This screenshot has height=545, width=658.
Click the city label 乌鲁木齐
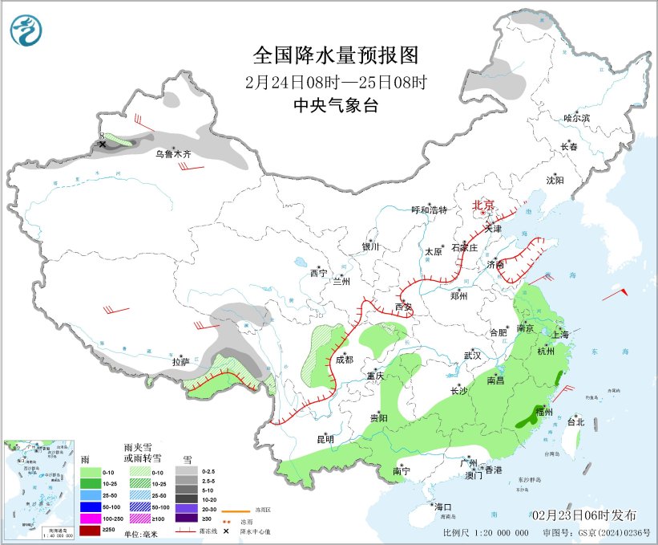click(x=173, y=153)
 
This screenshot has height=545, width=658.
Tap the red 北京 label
click(x=484, y=205)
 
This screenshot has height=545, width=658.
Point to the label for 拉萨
click(x=181, y=362)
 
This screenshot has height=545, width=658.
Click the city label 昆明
click(x=325, y=439)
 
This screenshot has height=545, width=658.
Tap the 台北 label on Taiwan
click(x=575, y=421)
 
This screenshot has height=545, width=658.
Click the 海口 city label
click(x=443, y=507)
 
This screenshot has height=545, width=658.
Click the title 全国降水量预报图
click(x=336, y=55)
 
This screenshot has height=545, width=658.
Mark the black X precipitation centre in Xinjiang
click(x=103, y=144)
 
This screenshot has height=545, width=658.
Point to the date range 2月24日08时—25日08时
click(x=336, y=81)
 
